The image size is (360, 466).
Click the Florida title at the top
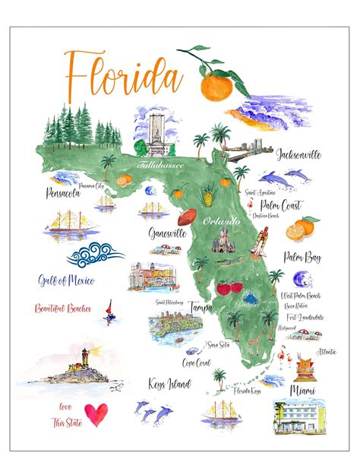point(123,74)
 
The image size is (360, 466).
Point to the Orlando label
point(222,220)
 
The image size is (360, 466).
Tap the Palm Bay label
point(302,258)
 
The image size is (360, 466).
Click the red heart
point(96,414)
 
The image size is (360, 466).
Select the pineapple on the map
point(207,198)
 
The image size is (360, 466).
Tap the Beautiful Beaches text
point(63,309)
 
